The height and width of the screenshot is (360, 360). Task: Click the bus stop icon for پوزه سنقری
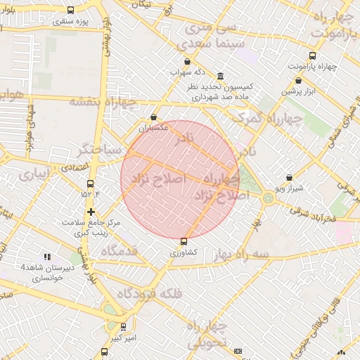70,11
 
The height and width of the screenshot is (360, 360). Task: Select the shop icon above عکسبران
154,117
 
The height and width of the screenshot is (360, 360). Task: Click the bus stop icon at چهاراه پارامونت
312,56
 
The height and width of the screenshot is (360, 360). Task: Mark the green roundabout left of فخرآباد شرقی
268,199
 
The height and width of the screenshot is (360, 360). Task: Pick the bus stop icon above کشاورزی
184,241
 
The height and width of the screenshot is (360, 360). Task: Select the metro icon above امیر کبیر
124,327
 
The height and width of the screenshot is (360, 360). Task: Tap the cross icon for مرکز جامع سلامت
91,211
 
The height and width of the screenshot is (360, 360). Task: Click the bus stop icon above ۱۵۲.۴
89,184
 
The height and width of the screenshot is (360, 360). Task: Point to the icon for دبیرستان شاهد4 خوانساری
48,257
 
